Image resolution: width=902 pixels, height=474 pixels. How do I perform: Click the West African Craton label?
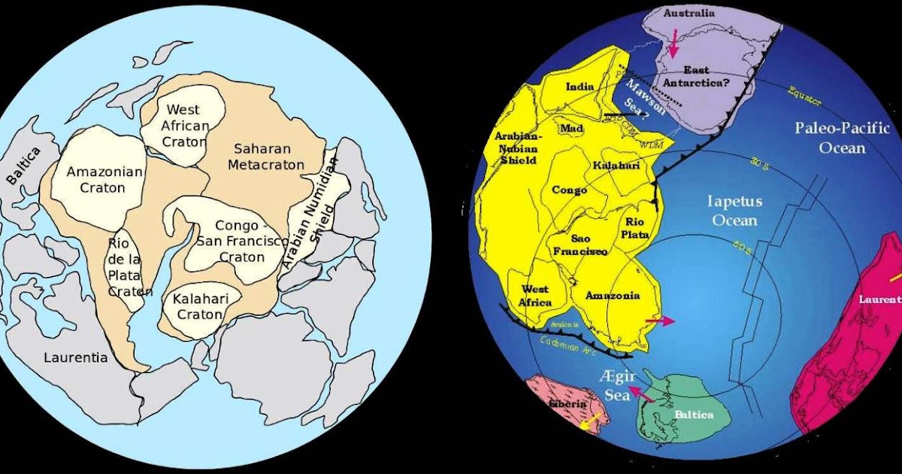pyautogui.click(x=184, y=126)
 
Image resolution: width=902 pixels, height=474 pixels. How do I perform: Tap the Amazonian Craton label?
pyautogui.click(x=105, y=179)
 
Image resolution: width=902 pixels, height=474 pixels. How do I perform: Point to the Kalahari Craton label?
pyautogui.click(x=198, y=307)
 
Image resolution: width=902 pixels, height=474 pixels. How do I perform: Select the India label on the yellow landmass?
pyautogui.click(x=580, y=87)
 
